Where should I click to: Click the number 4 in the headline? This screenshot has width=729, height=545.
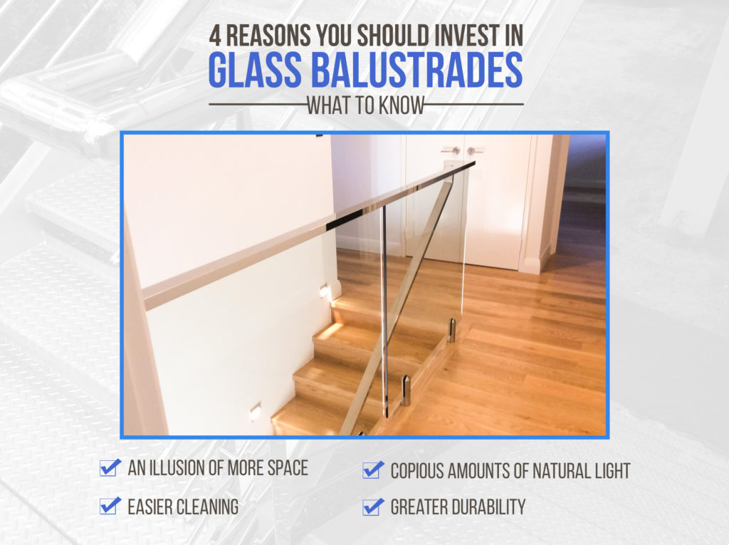click(x=215, y=36)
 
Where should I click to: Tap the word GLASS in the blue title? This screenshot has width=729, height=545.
click(x=255, y=71)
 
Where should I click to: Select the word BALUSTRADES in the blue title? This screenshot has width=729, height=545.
click(x=417, y=71)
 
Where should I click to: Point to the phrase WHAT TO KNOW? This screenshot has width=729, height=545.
click(x=366, y=105)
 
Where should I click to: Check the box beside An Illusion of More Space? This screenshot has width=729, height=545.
click(x=110, y=467)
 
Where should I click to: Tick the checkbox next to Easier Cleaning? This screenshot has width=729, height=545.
click(x=110, y=506)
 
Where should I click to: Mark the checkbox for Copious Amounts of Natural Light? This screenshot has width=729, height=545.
click(x=373, y=469)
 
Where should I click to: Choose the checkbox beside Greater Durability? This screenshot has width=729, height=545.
click(x=373, y=507)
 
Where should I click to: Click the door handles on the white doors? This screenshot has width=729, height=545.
click(x=463, y=151)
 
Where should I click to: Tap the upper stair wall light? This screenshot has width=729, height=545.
click(x=324, y=292)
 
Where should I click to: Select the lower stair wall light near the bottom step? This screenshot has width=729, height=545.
click(x=256, y=412)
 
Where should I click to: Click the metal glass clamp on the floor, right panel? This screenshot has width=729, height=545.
click(x=451, y=330)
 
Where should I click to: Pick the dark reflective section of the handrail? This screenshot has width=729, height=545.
click(x=345, y=219)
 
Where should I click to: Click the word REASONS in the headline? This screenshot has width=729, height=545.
click(x=268, y=36)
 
